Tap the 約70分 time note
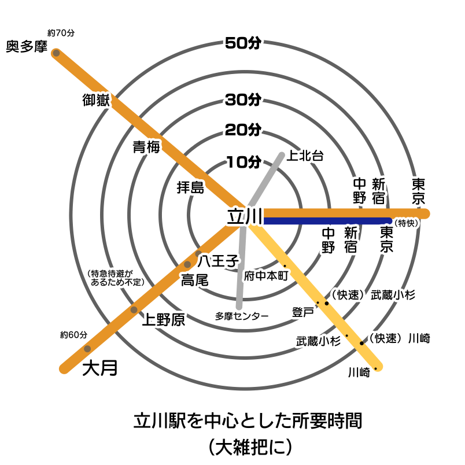point(62,33)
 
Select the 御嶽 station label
point(96,101)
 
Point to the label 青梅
point(146,147)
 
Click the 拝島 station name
point(190,187)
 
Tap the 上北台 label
point(305,155)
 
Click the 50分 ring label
point(243,43)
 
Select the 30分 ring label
point(243,99)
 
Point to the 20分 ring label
point(243,130)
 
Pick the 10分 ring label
point(243,162)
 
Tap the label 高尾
point(194,281)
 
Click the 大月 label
point(99,368)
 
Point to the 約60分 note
point(73,335)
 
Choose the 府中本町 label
point(266,276)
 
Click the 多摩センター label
point(242,316)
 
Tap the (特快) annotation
point(406,223)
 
